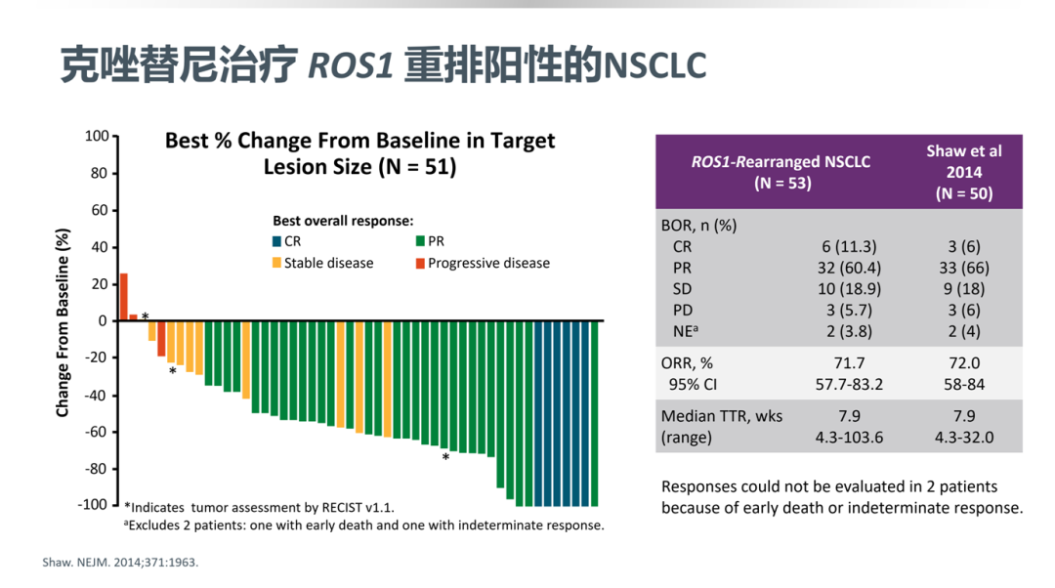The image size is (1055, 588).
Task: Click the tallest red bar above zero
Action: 124,297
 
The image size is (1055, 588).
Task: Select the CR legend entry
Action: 287,241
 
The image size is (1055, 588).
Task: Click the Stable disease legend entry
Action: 323,263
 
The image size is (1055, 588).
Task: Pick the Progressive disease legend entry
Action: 484,263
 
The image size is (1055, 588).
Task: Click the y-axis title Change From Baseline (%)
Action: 63,322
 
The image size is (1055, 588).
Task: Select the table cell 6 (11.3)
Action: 849,246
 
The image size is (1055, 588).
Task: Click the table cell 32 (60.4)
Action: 849,268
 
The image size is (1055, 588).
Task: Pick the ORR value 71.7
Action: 849,363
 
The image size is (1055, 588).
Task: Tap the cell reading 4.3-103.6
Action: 849,438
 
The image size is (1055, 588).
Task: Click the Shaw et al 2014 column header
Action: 964,172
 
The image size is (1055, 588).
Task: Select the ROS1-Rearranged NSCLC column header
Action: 781,172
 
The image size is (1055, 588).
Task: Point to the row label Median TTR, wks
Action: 722,416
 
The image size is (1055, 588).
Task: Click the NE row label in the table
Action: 686,331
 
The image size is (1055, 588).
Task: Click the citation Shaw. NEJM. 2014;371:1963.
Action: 120,563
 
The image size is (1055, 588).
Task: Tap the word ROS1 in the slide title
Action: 351,66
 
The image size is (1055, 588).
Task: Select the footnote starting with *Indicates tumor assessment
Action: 259,507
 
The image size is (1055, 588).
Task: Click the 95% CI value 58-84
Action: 964,384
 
